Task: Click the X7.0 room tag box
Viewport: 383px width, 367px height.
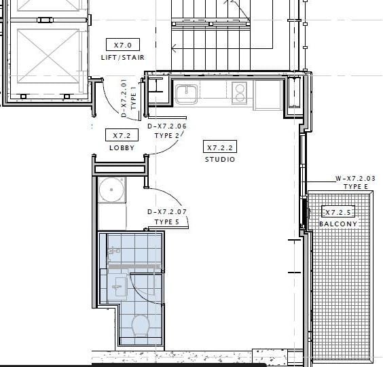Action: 123,44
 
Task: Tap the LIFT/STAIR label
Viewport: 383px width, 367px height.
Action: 123,58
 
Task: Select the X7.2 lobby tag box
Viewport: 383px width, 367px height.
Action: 122,135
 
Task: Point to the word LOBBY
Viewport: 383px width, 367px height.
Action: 122,148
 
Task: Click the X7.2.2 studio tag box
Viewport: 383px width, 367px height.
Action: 220,147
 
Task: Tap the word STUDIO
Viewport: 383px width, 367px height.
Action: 220,160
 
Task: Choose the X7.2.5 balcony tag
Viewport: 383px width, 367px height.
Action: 338,212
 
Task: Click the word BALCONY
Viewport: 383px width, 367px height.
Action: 338,224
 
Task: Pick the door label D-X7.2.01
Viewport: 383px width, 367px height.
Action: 124,98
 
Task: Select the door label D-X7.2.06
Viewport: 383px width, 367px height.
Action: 167,126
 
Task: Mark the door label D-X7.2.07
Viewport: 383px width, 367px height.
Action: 167,212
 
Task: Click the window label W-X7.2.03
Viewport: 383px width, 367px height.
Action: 355,178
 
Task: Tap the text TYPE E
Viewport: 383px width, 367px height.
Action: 355,187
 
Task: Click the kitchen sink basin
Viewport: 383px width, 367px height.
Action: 186,94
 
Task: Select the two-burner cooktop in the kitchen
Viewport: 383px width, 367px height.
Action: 239,93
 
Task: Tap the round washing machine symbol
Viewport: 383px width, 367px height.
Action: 111,190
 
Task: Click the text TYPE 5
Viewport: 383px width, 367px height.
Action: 167,222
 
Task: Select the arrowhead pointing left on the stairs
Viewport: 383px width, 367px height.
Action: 174,48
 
